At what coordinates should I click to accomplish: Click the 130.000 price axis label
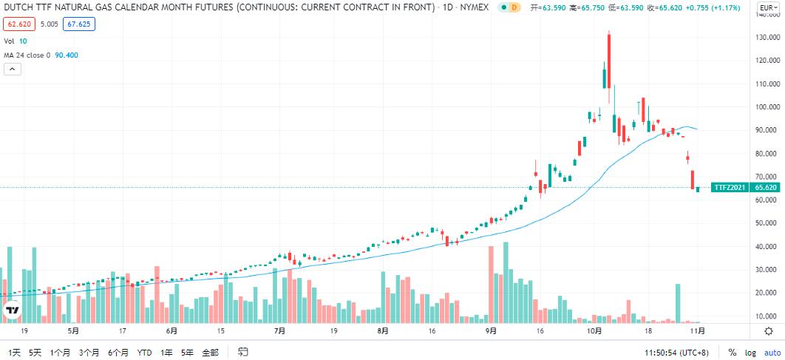point(766,37)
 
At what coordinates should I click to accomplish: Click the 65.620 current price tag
point(766,188)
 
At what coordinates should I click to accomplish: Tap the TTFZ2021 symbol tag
point(729,188)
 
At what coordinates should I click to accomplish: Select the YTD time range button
point(144,352)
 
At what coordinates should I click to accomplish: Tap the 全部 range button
point(210,352)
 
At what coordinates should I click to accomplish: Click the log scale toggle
point(750,352)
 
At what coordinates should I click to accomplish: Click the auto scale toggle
point(772,352)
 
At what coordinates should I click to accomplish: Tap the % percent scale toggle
point(732,352)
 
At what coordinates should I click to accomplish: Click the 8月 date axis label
point(382,331)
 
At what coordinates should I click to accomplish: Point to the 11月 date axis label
point(696,331)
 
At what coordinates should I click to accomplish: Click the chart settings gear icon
point(769,331)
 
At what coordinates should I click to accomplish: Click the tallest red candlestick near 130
point(609,63)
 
